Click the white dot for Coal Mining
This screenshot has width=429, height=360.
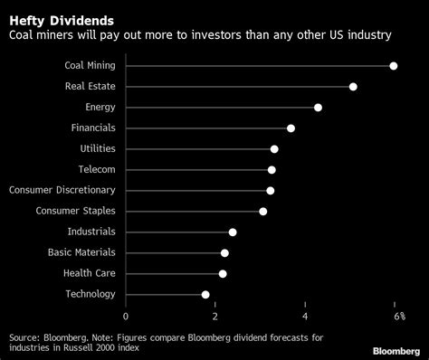[x=394, y=66]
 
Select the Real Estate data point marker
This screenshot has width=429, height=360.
[x=353, y=87]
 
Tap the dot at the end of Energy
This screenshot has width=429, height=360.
[x=318, y=108]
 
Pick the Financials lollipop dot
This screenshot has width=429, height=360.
[x=291, y=128]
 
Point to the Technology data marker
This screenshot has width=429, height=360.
[x=205, y=294]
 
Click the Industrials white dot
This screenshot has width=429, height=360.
[x=233, y=232]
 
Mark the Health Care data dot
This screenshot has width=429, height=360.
[x=223, y=273]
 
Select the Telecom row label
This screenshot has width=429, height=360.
[x=96, y=169]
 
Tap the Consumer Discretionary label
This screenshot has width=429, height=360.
[x=62, y=190]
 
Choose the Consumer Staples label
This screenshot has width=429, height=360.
[x=75, y=211]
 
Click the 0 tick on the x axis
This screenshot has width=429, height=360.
[x=126, y=316]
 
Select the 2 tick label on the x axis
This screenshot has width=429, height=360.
[x=215, y=316]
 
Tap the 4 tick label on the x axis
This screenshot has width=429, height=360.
[x=305, y=316]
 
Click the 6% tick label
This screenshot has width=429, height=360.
[x=397, y=316]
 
